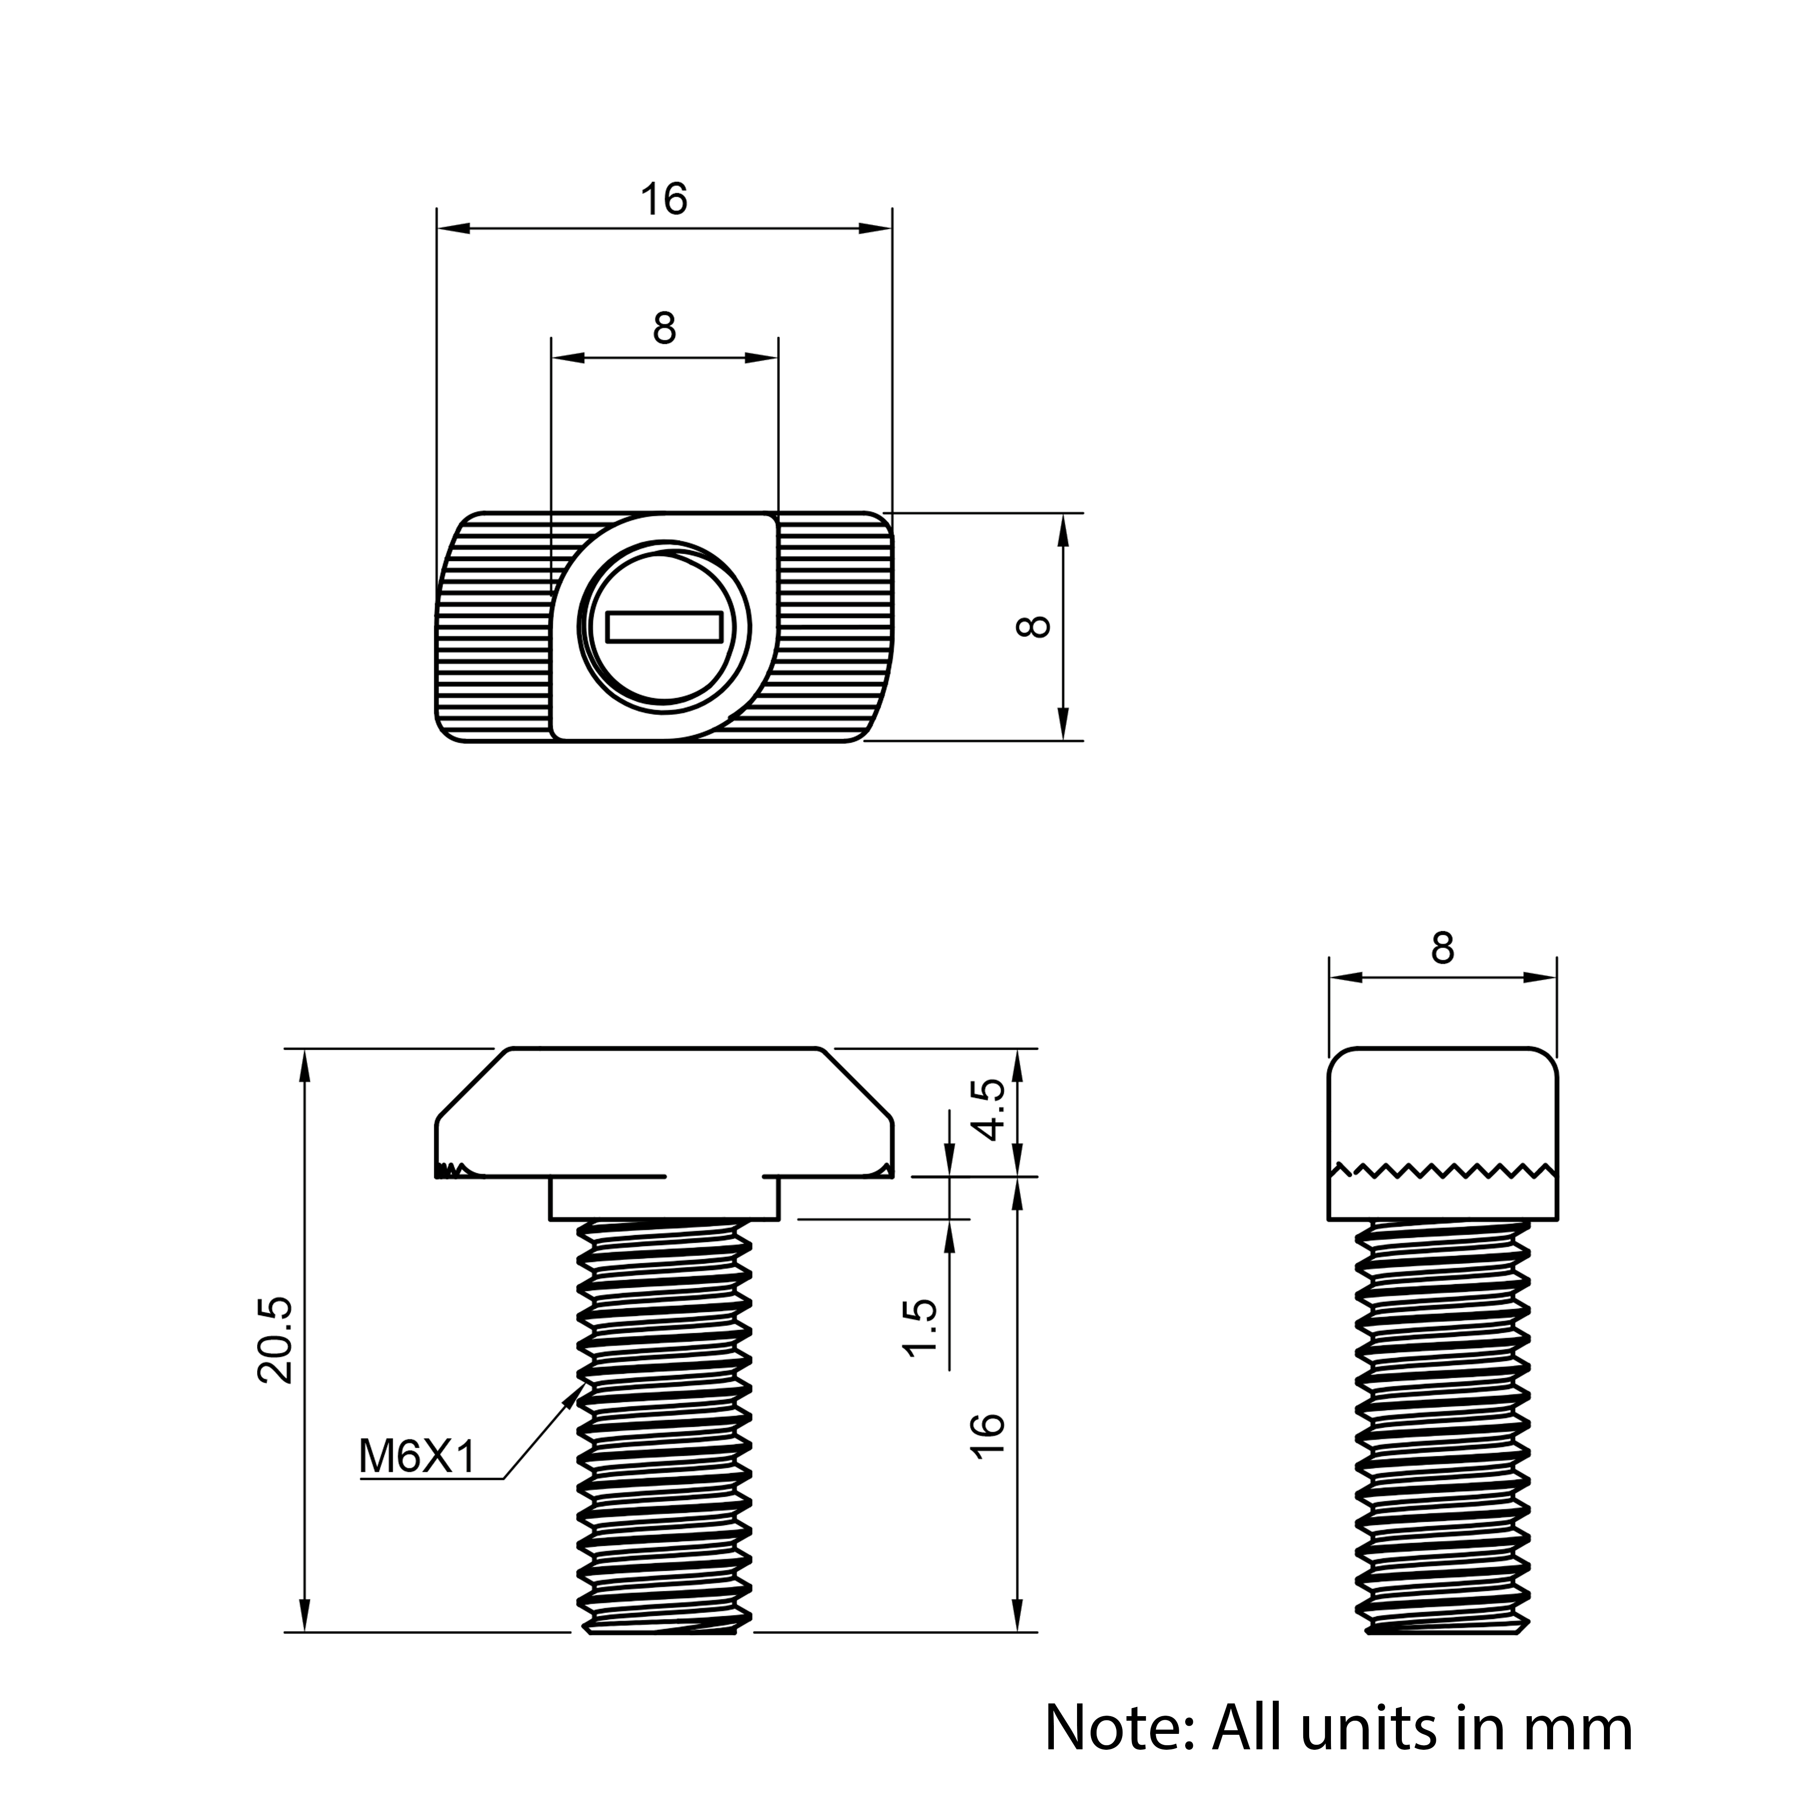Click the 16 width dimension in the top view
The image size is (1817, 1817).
click(x=664, y=199)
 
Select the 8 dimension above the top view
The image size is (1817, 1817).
click(x=664, y=328)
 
